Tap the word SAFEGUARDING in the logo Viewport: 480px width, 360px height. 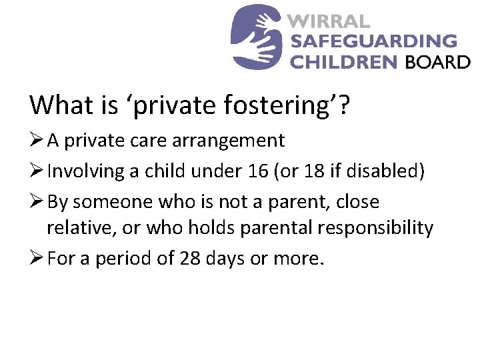pyautogui.click(x=374, y=41)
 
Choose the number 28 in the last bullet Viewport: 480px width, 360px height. pyautogui.click(x=188, y=258)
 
